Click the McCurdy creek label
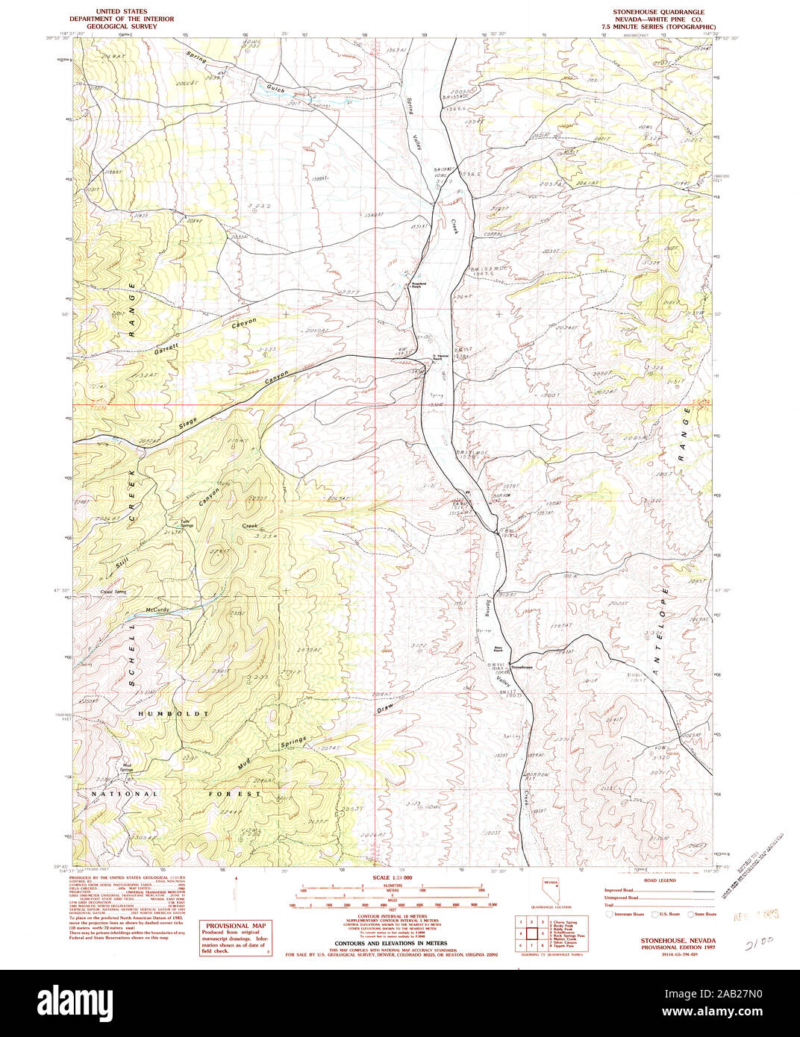pyautogui.click(x=158, y=610)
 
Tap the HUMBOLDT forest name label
pyautogui.click(x=173, y=714)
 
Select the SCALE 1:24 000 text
pyautogui.click(x=392, y=878)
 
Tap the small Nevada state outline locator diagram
pyautogui.click(x=550, y=891)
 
